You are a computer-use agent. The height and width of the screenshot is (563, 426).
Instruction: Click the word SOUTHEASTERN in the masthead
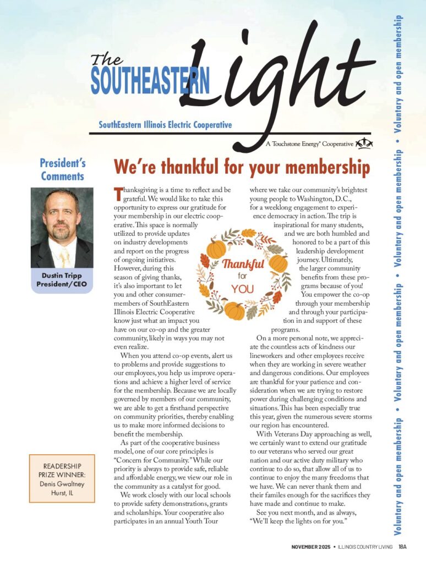[150, 81]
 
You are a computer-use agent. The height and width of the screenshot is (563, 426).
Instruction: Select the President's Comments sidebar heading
[62, 169]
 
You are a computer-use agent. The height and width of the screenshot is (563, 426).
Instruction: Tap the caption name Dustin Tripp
[62, 275]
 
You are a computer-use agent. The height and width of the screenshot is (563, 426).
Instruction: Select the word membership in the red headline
[324, 166]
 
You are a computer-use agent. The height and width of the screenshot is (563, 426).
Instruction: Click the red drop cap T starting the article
[117, 193]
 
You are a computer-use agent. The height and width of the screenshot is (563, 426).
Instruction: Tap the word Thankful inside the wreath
[242, 264]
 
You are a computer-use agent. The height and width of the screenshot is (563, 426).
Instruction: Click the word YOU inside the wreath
[242, 288]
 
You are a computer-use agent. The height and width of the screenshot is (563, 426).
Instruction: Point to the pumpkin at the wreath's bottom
[235, 311]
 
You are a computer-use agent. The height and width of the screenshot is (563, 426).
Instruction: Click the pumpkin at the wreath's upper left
[216, 249]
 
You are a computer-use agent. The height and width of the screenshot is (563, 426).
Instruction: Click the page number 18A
[402, 547]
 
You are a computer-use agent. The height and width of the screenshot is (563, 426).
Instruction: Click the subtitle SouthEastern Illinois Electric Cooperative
[165, 125]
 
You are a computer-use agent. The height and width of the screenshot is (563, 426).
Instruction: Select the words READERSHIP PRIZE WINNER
[62, 470]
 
